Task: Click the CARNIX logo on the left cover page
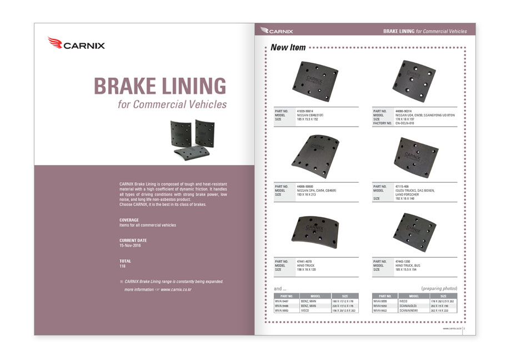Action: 76,43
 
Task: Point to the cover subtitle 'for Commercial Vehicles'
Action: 172,104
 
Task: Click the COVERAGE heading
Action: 129,220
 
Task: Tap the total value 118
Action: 123,266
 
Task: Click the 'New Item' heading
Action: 288,48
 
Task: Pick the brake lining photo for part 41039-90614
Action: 314,81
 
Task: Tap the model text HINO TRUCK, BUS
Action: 408,266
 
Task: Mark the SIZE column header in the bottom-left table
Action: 345,296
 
